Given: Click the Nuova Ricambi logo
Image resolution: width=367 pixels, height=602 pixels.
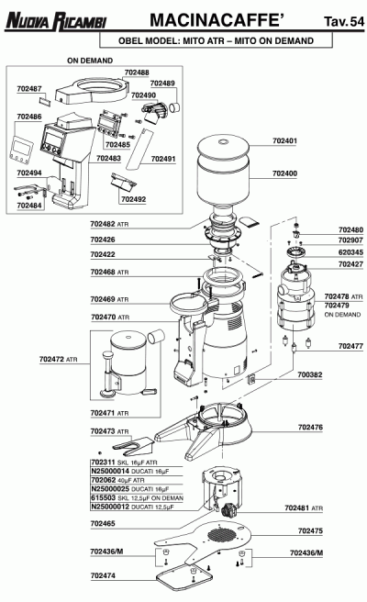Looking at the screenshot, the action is click(56, 21).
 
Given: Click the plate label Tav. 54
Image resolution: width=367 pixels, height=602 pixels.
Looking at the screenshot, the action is click(344, 21).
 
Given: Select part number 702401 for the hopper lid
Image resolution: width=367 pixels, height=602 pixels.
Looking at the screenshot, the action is click(284, 141).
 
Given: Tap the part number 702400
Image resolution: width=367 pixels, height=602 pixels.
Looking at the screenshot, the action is click(284, 173).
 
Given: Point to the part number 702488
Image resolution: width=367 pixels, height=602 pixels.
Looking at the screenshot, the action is click(137, 72).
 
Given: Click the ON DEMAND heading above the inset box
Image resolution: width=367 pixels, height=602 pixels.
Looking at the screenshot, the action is click(90, 61).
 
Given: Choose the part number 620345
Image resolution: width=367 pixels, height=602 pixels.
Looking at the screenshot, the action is click(350, 252).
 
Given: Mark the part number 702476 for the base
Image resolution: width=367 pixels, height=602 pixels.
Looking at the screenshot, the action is click(310, 428).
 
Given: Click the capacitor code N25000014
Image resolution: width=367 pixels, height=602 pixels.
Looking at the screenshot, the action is click(110, 471).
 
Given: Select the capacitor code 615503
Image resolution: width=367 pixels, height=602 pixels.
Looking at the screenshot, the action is click(104, 497).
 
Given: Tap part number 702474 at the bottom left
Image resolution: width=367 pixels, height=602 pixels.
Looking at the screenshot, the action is click(103, 575).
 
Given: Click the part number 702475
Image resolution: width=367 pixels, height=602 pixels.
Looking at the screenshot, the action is click(310, 531).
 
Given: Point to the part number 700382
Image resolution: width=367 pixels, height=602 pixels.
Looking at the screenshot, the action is click(310, 374).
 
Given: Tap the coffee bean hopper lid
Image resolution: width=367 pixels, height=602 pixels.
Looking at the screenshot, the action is click(223, 147).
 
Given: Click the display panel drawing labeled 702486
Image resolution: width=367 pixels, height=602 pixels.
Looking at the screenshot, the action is click(20, 150).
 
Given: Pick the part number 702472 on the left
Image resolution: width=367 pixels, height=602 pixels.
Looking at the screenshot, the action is click(51, 360).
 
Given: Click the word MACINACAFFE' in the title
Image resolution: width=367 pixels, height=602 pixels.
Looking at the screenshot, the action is click(217, 20).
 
